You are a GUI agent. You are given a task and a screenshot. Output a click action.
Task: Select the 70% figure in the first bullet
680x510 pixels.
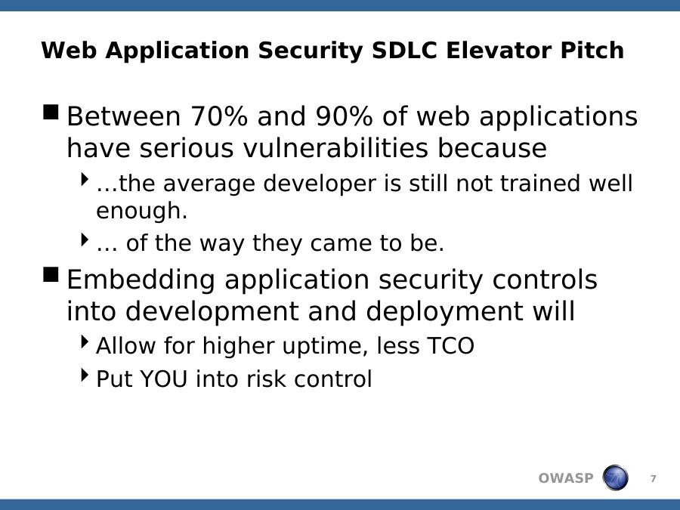tap(219, 116)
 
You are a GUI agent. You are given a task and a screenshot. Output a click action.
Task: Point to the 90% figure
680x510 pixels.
tap(344, 116)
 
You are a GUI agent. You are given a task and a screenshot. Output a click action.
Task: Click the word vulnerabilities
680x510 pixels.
tap(335, 148)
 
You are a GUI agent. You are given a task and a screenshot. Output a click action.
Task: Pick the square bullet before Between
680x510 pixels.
tap(51, 112)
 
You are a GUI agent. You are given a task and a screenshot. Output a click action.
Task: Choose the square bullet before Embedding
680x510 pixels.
tap(51, 274)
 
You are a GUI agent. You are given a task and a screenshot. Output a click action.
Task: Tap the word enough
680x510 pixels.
tap(141, 212)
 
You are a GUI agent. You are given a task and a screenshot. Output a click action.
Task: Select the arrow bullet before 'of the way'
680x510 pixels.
tap(85, 239)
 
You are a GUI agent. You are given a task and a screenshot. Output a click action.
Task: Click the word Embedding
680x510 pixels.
tap(141, 280)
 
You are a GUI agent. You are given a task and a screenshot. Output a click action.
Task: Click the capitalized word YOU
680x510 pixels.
tap(163, 379)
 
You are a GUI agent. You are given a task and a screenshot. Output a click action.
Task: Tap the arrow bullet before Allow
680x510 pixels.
tap(85, 342)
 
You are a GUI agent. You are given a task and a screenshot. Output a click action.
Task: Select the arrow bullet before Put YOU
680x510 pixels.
tap(85, 375)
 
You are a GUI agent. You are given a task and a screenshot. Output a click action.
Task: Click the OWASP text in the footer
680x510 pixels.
tap(565, 478)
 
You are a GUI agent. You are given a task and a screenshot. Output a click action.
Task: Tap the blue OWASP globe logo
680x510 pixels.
tap(615, 478)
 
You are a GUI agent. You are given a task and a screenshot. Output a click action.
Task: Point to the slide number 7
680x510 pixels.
tap(653, 478)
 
